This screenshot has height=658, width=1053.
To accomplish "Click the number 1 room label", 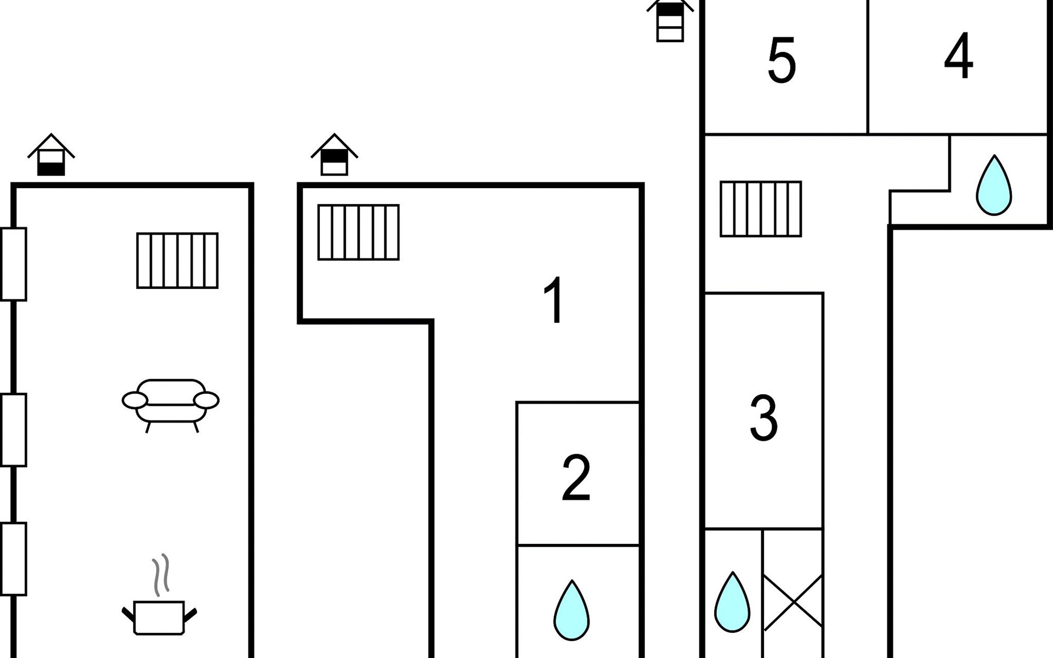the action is coord(554,300).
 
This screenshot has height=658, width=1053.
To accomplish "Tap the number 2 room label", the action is coord(576,478).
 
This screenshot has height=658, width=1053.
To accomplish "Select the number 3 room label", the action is coord(764,418).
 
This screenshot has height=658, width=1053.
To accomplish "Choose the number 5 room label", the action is coord(782,60).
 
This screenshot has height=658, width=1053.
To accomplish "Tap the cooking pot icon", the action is coord(159,617).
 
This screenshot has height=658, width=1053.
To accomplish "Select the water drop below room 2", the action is coord(571,610).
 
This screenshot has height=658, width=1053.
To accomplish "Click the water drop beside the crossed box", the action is coord(732,602).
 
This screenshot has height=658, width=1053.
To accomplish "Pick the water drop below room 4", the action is coord(994,185).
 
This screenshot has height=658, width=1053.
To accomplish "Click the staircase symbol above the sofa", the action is coord(177,260).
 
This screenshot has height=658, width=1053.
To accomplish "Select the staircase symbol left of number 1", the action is coord(359,232).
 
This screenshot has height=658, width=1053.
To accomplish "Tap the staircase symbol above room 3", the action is coord(761,209).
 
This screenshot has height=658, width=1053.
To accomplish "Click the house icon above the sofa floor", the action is coord(51,155).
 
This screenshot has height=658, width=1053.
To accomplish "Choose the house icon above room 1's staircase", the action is coord(335,155).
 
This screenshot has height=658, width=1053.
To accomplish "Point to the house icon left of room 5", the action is coord(670,21).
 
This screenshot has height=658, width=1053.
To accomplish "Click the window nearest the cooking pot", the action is coord(13,559).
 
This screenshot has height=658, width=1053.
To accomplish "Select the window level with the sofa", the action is coord(13,430).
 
